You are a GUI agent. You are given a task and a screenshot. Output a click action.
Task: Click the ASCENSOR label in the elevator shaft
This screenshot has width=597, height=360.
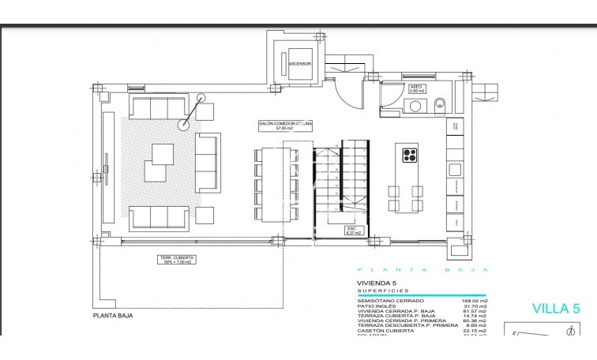point(300,64)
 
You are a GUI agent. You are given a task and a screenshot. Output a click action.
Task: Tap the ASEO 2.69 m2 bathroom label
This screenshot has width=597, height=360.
point(417,88)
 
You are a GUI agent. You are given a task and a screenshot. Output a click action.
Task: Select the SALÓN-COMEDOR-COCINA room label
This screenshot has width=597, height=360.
point(286,126)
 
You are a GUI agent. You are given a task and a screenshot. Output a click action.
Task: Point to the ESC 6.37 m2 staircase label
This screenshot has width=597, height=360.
point(353,231)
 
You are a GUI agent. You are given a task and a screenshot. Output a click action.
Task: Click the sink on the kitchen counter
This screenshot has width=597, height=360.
point(455,169)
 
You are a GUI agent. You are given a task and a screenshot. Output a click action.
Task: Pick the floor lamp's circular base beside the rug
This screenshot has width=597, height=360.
point(184,124)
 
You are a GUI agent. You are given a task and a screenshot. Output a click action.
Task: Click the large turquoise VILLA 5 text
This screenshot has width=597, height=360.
point(551,309)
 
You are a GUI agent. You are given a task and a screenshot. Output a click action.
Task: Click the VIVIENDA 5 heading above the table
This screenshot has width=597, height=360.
point(377,283)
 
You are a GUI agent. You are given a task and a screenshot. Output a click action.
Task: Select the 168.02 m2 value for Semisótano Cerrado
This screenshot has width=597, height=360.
point(474,301)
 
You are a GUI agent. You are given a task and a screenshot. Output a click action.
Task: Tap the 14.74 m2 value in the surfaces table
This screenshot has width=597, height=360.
point(474,317)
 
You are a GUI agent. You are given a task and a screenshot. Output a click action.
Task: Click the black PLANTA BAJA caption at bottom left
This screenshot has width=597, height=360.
point(113,315)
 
